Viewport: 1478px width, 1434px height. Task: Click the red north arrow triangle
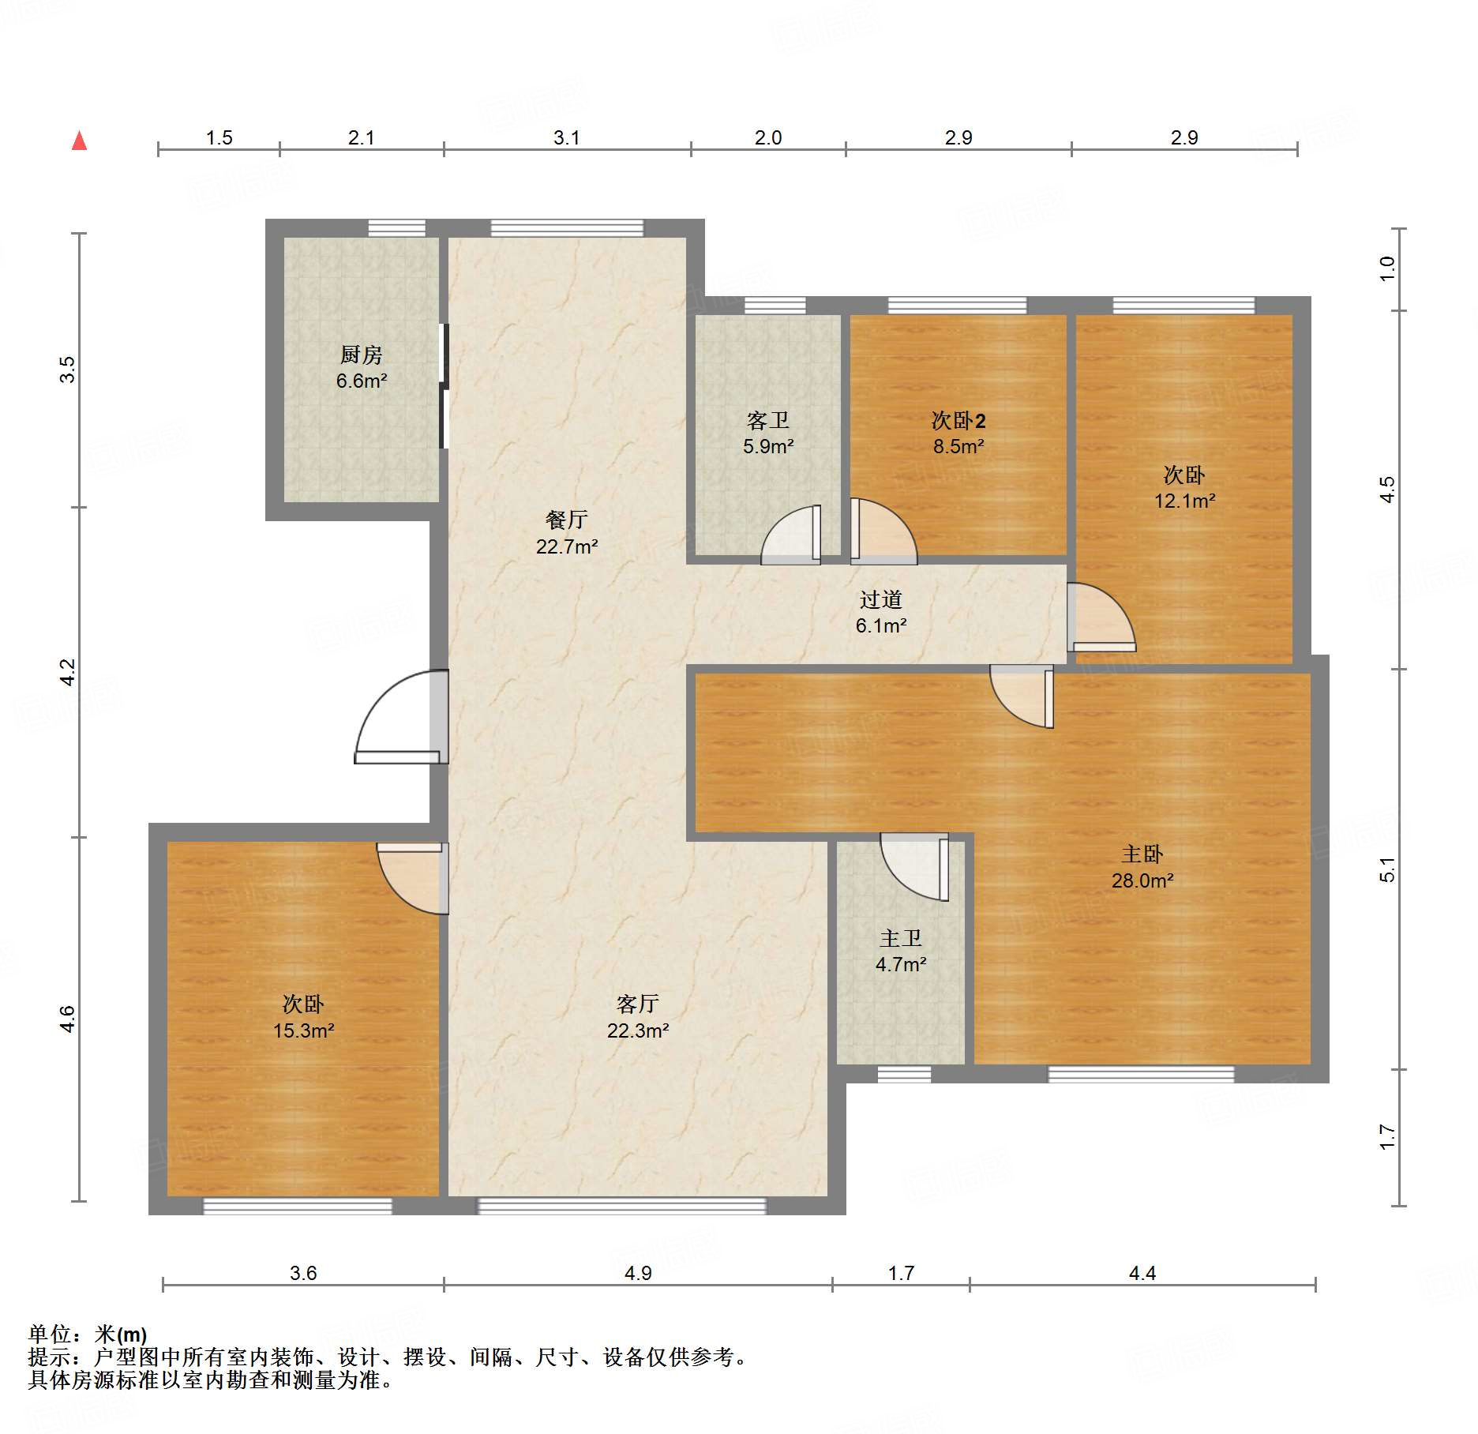pyautogui.click(x=79, y=141)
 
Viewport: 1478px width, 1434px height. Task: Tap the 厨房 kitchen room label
pyautogui.click(x=362, y=355)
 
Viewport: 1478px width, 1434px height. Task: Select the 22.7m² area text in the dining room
pyautogui.click(x=567, y=546)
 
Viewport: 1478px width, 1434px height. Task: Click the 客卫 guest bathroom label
pyautogui.click(x=768, y=420)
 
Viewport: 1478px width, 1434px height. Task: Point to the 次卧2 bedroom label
pyautogui.click(x=958, y=420)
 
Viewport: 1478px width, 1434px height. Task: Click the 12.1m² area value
pyautogui.click(x=1185, y=501)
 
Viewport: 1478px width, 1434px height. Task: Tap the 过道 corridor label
pyautogui.click(x=881, y=599)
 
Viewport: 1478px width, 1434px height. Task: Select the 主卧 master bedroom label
pyautogui.click(x=1142, y=854)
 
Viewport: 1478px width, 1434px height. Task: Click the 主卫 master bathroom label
pyautogui.click(x=901, y=938)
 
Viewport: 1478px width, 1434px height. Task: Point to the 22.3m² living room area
pyautogui.click(x=639, y=1030)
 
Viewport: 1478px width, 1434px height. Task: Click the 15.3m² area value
pyautogui.click(x=304, y=1030)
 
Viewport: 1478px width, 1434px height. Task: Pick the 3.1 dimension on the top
pyautogui.click(x=567, y=138)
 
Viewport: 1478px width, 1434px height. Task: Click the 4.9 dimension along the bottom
pyautogui.click(x=638, y=1273)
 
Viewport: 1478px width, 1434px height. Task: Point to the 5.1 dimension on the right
pyautogui.click(x=1387, y=869)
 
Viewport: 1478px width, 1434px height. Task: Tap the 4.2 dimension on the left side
pyautogui.click(x=68, y=672)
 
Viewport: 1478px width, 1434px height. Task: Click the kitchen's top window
pyautogui.click(x=397, y=228)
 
